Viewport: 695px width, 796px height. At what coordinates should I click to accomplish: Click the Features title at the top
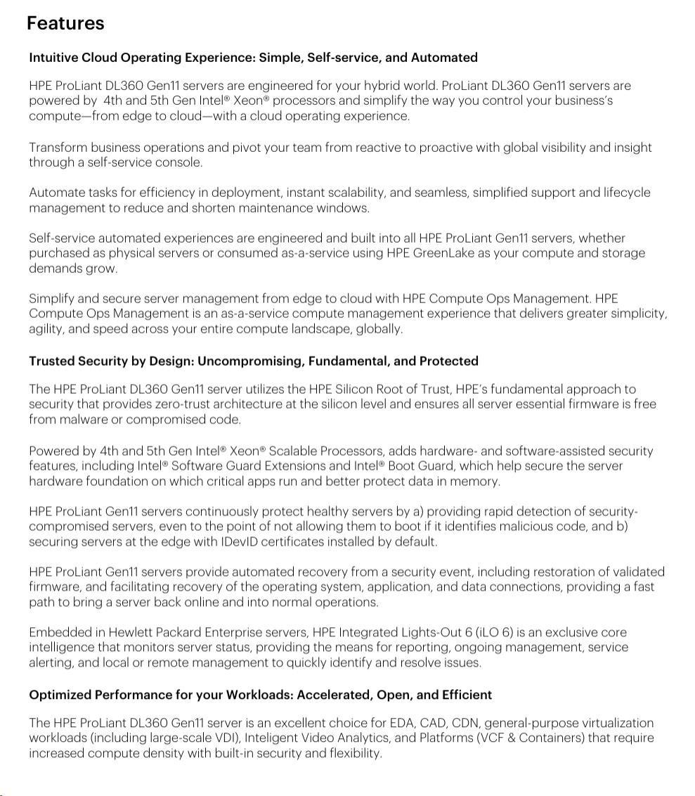65,23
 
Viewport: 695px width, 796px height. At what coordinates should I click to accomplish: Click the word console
181,162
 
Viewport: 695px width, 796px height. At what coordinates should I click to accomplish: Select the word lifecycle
627,193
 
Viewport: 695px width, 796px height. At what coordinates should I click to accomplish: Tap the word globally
379,329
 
